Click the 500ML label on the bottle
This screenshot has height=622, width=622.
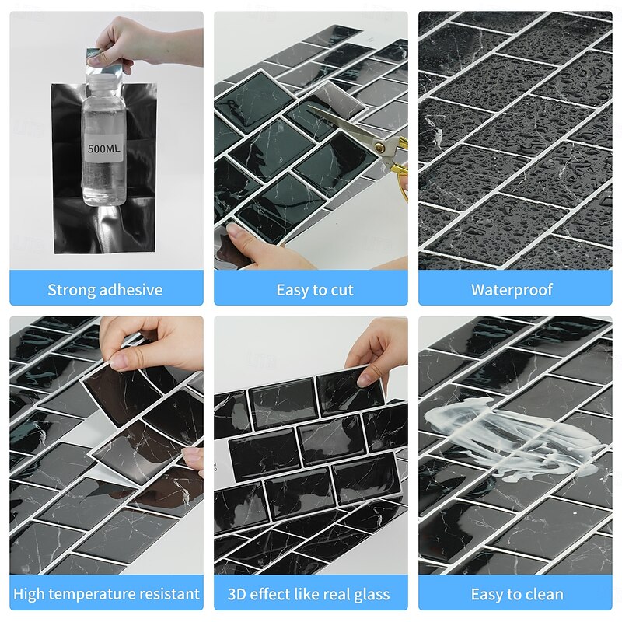point(104,149)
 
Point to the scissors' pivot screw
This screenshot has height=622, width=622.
point(379,148)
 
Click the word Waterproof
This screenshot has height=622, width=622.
point(512,290)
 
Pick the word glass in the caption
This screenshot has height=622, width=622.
point(372,595)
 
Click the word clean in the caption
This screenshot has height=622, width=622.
point(543,595)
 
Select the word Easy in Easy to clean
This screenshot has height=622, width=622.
point(486,595)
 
